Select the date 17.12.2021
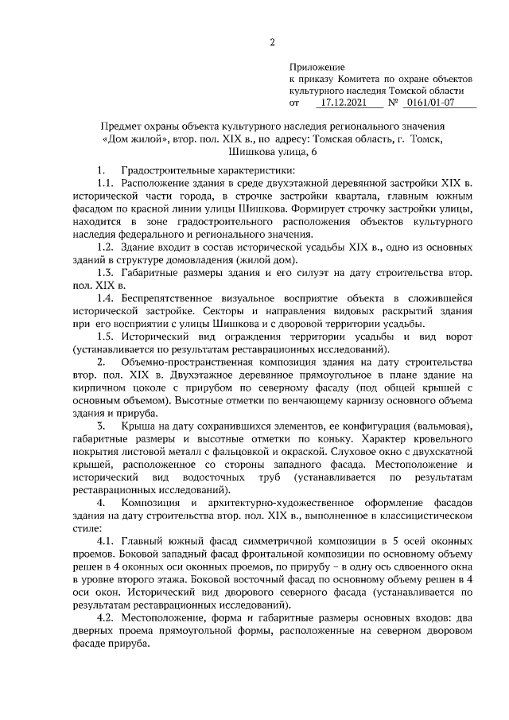(343, 103)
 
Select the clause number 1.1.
(107, 185)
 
